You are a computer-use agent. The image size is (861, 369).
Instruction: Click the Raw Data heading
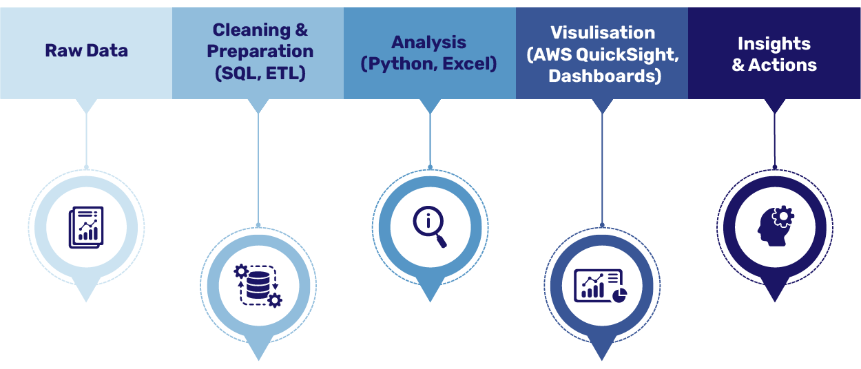86,50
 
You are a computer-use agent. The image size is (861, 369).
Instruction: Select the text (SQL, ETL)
260,73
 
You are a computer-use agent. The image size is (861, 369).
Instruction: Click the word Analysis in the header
428,43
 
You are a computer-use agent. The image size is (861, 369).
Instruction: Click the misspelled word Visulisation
602,32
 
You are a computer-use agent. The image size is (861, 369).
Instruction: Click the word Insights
774,43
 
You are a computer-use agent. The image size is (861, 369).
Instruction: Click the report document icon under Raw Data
86,227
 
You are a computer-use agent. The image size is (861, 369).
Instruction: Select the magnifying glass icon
430,226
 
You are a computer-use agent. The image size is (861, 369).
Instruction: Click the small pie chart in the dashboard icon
619,294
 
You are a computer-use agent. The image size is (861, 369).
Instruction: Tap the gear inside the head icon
783,218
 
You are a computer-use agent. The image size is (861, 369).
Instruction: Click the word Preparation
260,52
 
